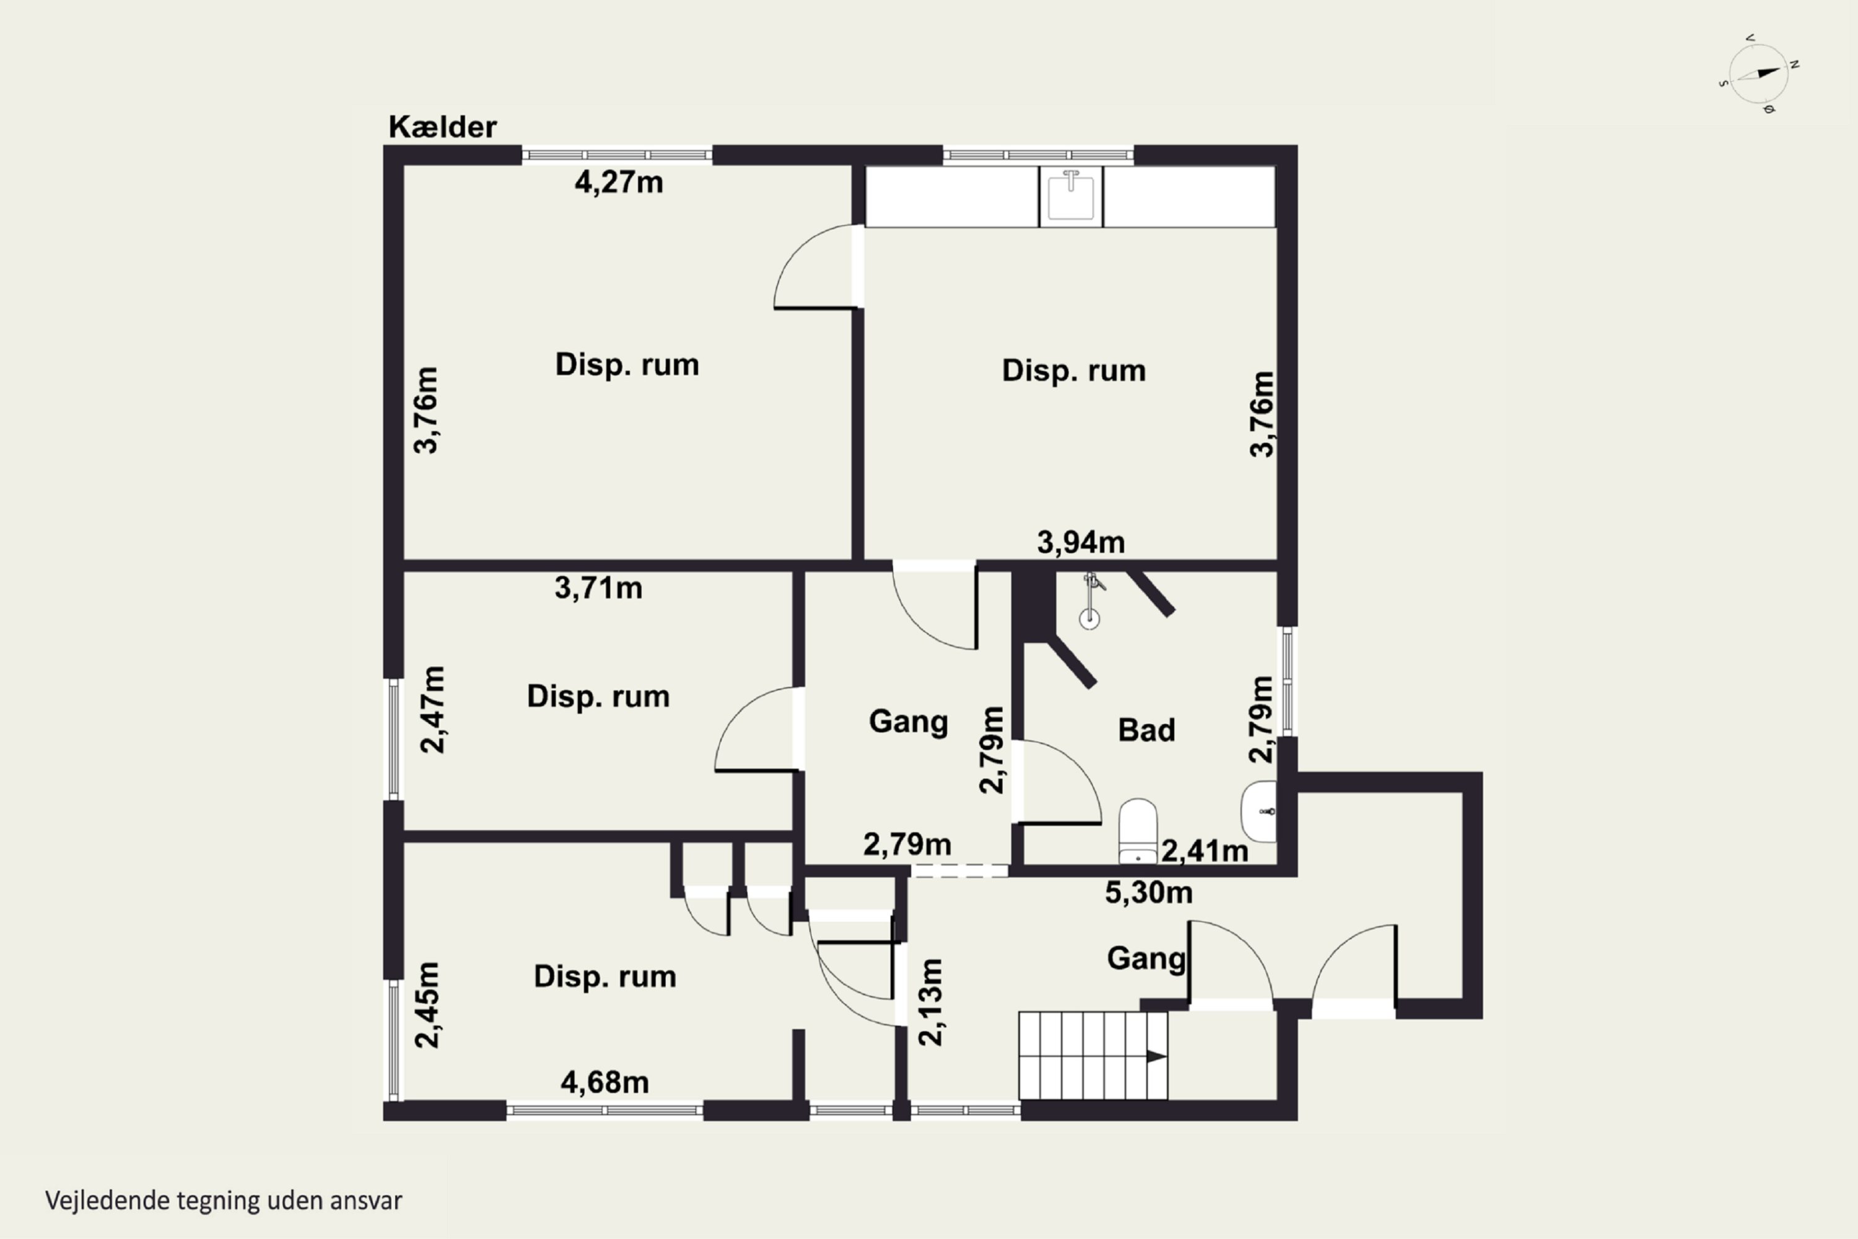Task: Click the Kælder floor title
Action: (442, 126)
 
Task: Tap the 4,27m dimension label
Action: (619, 183)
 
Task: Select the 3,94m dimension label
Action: (1081, 542)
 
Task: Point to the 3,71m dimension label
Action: (598, 588)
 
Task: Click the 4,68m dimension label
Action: (605, 1082)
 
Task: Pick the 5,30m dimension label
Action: (1149, 892)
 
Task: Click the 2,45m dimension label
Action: (427, 1005)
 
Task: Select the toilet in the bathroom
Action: (1138, 831)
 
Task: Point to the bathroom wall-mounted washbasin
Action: (1258, 811)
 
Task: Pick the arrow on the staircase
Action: (1156, 1056)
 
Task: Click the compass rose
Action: (1758, 74)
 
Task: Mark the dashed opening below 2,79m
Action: (960, 871)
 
